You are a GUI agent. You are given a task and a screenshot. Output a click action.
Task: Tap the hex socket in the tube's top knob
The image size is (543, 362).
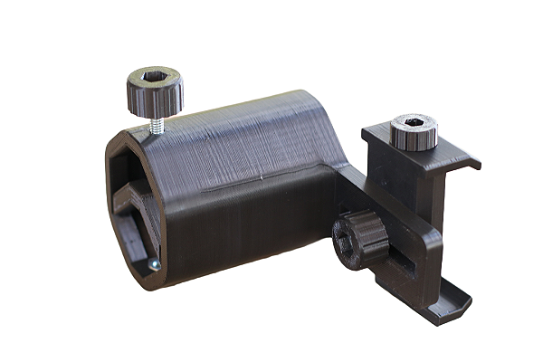(154, 80)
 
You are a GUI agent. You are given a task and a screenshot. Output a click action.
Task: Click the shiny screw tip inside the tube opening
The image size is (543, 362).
(154, 264)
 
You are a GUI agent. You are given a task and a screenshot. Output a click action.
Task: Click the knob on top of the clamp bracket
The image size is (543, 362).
(414, 132)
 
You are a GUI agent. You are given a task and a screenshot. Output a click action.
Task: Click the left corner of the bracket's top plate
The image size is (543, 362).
(367, 136)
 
